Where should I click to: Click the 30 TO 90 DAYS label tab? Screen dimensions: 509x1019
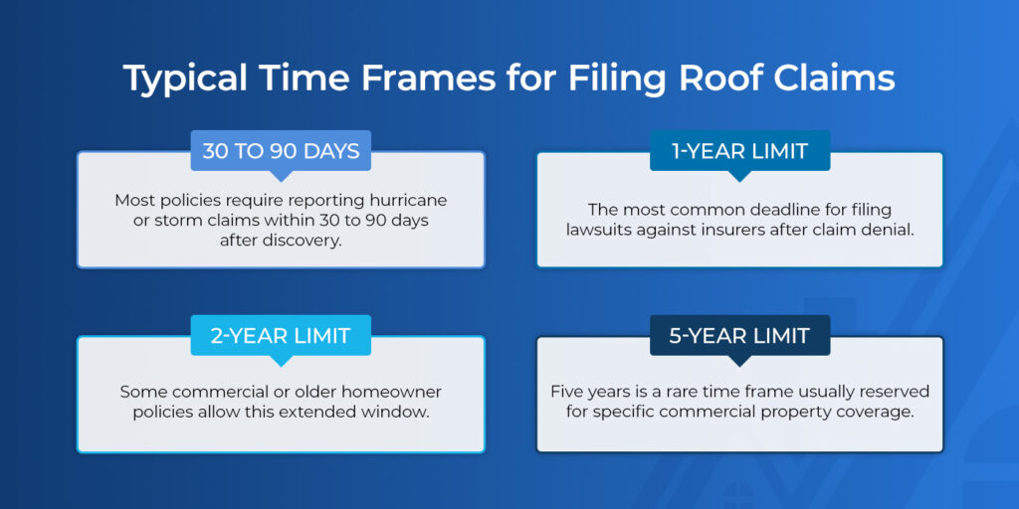(281, 151)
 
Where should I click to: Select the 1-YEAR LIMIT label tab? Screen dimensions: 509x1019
(739, 151)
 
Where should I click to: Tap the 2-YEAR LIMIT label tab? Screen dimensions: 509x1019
(281, 336)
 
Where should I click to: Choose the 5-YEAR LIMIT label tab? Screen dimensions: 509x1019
(739, 336)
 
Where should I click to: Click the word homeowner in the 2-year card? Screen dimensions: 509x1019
(393, 392)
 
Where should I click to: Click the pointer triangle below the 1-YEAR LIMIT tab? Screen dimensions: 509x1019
(739, 176)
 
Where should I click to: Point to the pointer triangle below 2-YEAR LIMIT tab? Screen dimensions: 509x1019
(281, 361)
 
